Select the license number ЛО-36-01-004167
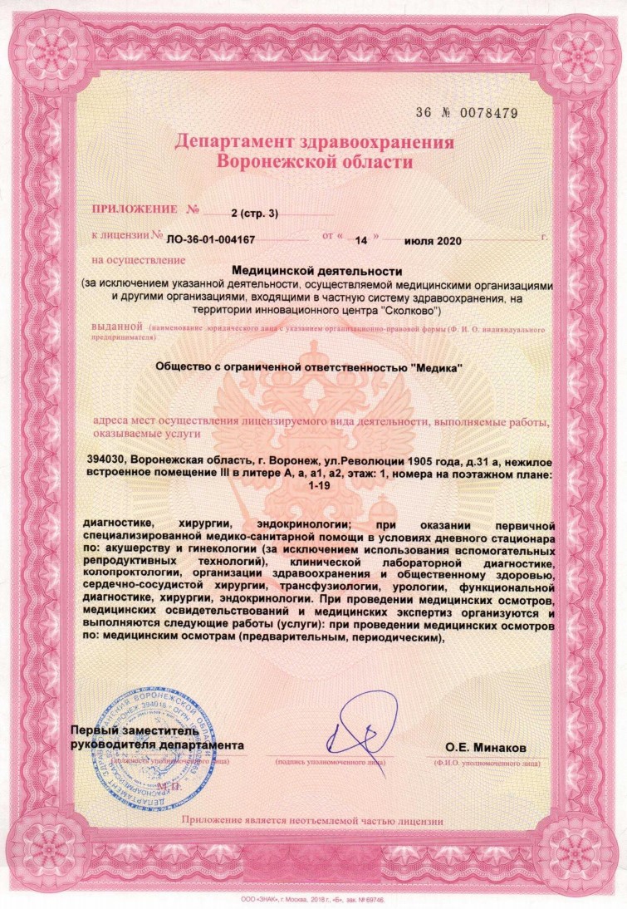coord(210,238)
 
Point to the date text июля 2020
coord(432,238)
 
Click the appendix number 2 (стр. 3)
coord(255,214)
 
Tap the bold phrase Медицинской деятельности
coord(316,271)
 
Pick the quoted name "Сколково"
coord(409,310)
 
